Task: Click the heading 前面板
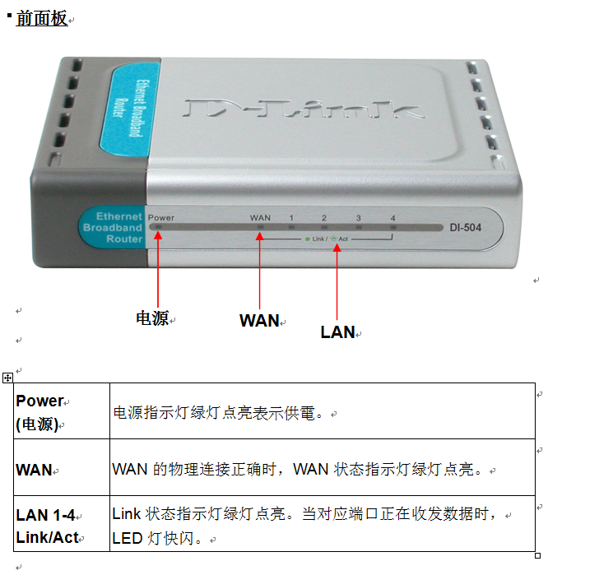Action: tap(42, 18)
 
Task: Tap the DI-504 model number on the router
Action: tap(466, 228)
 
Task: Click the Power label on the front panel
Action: tap(160, 218)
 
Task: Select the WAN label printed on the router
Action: tap(260, 218)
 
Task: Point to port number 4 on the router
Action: tap(392, 218)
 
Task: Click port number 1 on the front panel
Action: tap(291, 218)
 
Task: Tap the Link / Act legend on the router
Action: tap(327, 239)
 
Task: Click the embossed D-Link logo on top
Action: tap(304, 108)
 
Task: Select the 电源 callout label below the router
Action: tap(152, 318)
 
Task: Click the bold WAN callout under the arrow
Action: tap(259, 320)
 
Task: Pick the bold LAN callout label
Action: tap(337, 332)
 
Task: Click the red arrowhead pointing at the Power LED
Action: tap(158, 235)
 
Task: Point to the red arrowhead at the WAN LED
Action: tap(260, 236)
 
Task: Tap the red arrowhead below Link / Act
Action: tap(337, 248)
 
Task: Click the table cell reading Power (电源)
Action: tap(62, 411)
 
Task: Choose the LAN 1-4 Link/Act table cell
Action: tap(62, 523)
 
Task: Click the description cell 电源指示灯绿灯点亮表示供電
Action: tap(322, 411)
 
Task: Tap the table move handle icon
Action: tap(7, 378)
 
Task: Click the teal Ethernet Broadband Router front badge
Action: tap(113, 228)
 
